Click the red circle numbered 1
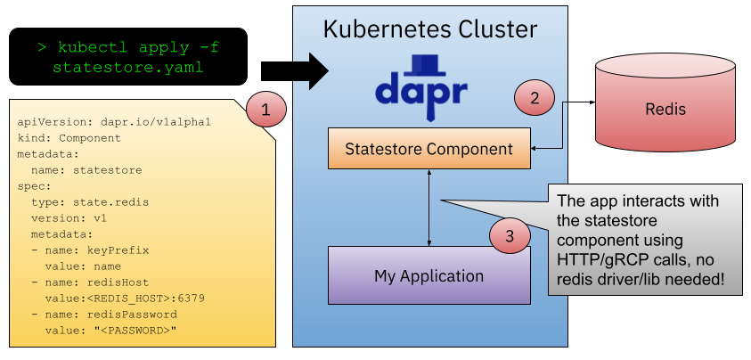pyautogui.click(x=265, y=110)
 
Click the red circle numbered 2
pyautogui.click(x=535, y=99)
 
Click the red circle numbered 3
pyautogui.click(x=510, y=236)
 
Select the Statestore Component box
pyautogui.click(x=429, y=149)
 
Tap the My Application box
pyautogui.click(x=429, y=275)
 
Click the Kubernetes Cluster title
pyautogui.click(x=430, y=29)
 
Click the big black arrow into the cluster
pyautogui.click(x=311, y=70)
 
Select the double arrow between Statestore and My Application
pyautogui.click(x=430, y=208)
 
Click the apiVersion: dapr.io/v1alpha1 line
pyautogui.click(x=114, y=122)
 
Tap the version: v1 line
pyautogui.click(x=70, y=218)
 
